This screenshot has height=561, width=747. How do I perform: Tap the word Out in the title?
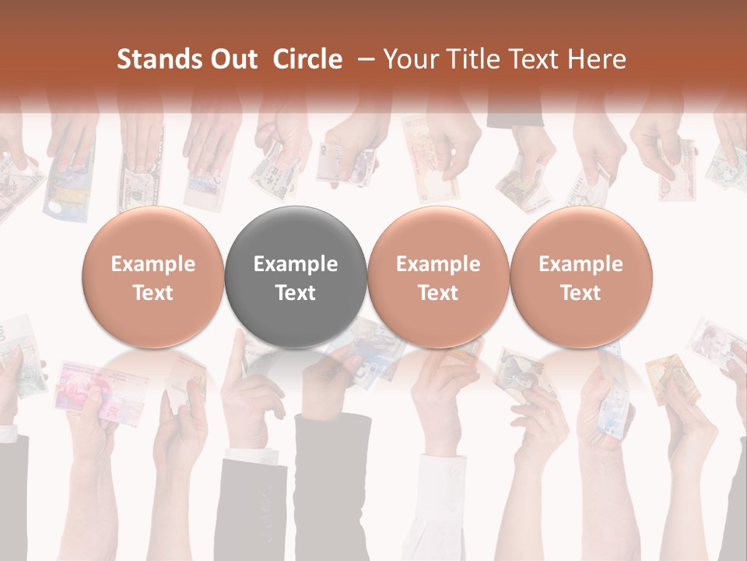[x=231, y=59]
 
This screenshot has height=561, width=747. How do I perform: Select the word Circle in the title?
[x=307, y=59]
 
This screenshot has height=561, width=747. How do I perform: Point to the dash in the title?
[x=363, y=59]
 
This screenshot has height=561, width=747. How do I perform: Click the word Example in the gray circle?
[x=296, y=264]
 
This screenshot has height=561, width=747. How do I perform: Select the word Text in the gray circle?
[x=296, y=293]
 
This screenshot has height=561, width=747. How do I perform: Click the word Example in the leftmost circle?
[x=153, y=264]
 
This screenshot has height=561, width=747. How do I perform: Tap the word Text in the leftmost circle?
[x=153, y=293]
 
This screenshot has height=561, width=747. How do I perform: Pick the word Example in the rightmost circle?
[x=580, y=264]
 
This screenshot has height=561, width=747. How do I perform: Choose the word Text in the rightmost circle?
[x=580, y=293]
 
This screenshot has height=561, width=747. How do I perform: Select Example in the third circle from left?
[x=438, y=264]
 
